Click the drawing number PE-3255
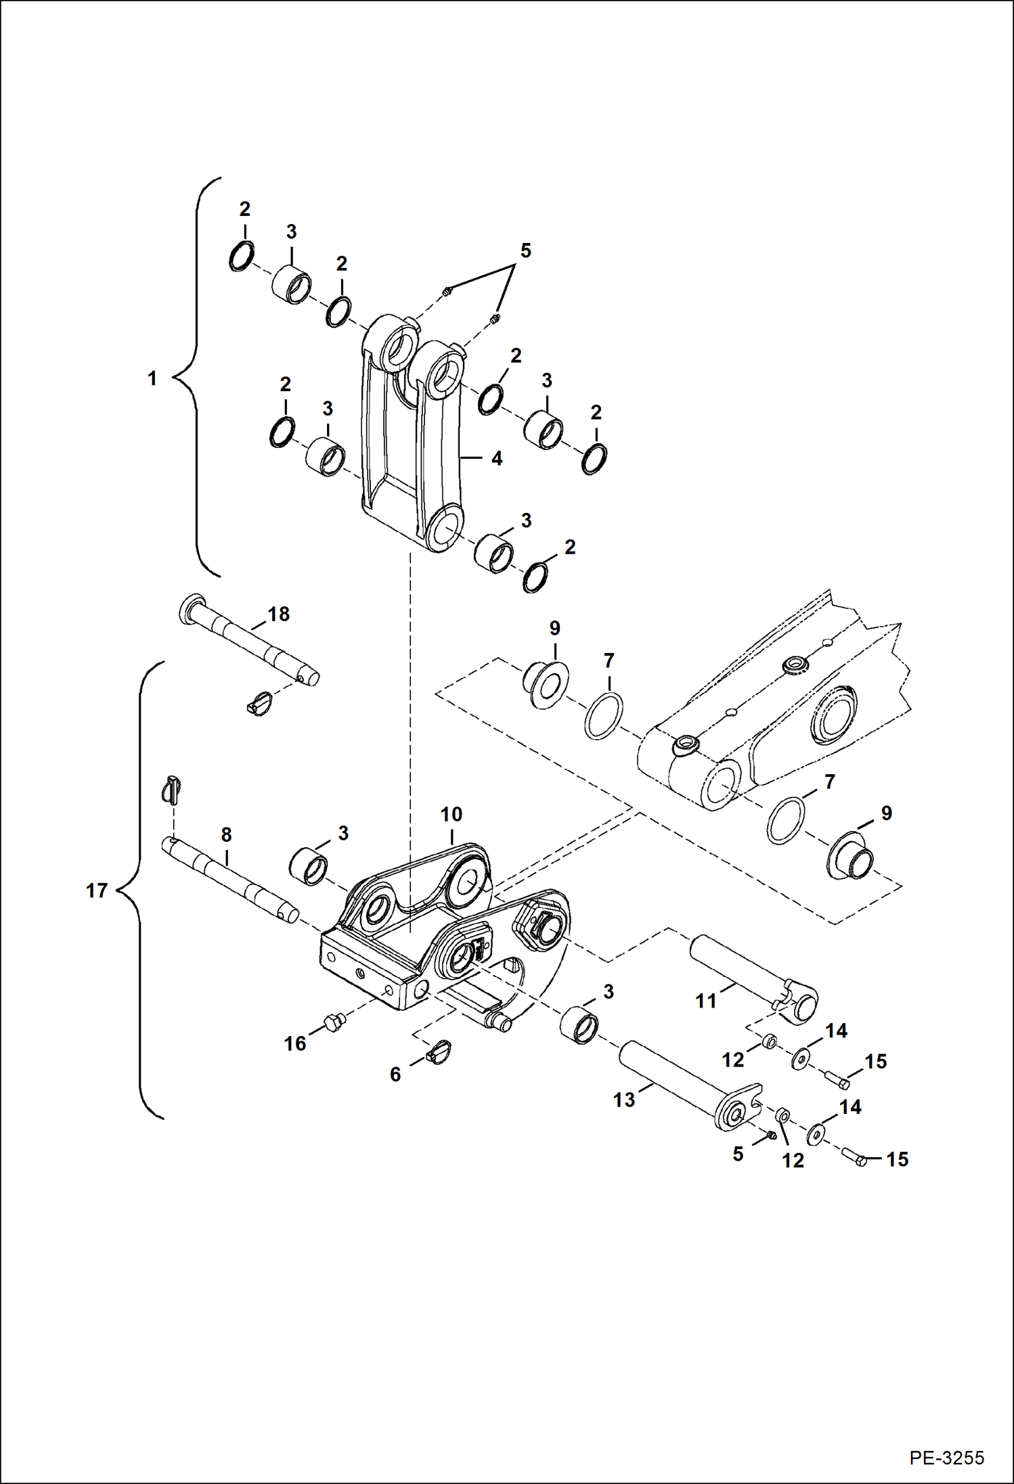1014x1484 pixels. (946, 1457)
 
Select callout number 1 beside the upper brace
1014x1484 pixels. (152, 378)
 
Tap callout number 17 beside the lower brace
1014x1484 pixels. (97, 891)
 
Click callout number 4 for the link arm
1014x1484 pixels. (497, 459)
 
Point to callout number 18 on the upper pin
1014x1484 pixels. (278, 614)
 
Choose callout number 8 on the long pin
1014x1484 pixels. (226, 835)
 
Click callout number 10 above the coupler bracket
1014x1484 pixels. (451, 814)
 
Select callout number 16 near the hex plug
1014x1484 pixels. (295, 1043)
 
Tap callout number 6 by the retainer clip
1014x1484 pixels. (395, 1074)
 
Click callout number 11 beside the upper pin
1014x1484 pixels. (706, 1001)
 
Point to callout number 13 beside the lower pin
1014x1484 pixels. (624, 1100)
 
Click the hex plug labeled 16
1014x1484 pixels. (332, 1022)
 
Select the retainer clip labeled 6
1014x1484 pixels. (439, 1052)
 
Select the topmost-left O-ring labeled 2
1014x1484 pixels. (241, 256)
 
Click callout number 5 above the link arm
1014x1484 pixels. (525, 251)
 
